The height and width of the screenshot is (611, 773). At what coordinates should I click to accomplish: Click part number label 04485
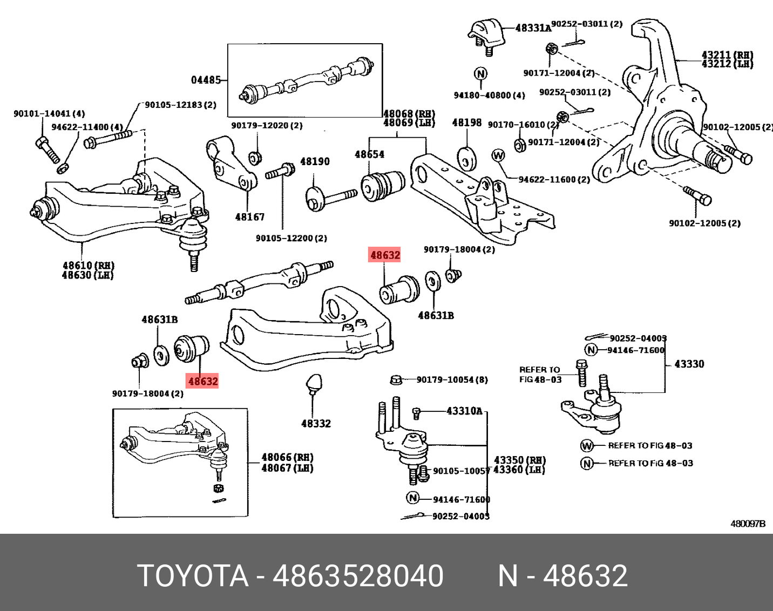coord(206,80)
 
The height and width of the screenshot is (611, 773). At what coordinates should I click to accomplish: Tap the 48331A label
coord(533,28)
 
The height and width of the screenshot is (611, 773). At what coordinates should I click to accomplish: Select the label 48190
coord(315,161)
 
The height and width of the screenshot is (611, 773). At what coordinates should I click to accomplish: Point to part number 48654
coord(369,154)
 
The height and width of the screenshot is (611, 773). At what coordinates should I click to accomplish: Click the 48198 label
coord(466,123)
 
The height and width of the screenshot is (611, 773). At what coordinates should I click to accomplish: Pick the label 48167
coord(250,217)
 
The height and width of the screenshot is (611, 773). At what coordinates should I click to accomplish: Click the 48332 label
coord(316,424)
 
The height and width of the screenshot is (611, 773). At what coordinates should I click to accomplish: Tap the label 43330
coord(689,364)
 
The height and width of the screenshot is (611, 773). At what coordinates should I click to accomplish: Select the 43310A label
coord(464,411)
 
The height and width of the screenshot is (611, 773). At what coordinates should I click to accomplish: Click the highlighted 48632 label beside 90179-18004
coord(385,255)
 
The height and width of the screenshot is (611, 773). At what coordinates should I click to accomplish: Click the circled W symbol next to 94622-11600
coord(498,155)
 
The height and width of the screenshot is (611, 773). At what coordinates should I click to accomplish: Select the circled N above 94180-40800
coord(480,73)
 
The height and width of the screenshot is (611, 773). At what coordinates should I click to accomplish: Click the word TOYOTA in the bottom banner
coord(193,575)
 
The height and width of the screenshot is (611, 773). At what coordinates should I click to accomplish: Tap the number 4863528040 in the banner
coord(358,575)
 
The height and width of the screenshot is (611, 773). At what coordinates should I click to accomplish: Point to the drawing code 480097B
coord(748,524)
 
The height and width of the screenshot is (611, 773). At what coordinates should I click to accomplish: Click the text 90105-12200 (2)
coord(291,238)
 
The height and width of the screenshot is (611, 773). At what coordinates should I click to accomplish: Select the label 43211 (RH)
coord(727,55)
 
